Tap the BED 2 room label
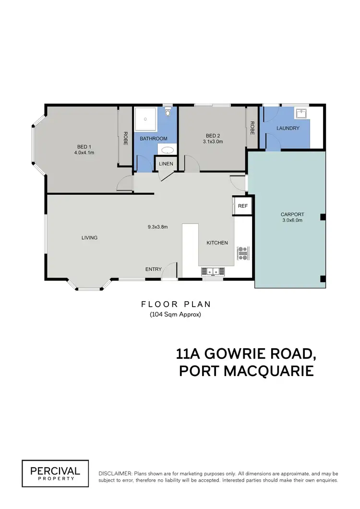pos(213,135)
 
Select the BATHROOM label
pos(154,139)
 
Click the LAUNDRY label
pos(288,128)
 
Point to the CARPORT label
pos(292,214)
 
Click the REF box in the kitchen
pos(242,206)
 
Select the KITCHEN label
pos(217,243)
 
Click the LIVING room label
pos(90,237)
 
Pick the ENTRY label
pos(153,269)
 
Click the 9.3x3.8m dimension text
pos(157,227)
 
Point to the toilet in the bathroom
pos(168,112)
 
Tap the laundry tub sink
pos(301,113)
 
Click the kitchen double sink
pos(212,272)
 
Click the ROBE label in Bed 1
pos(125,138)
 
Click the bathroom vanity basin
pos(167,150)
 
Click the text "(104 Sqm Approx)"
pos(175,315)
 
